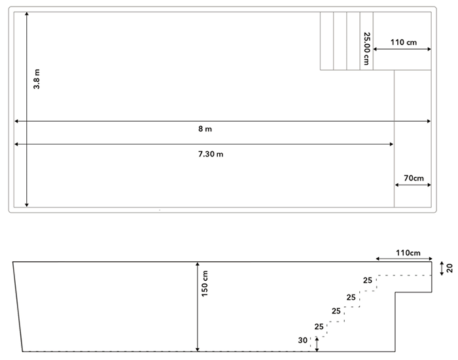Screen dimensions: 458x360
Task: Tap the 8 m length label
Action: [x=205, y=129]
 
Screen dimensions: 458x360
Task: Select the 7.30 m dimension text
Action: [x=211, y=154]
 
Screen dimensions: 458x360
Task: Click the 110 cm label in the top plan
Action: [x=403, y=42]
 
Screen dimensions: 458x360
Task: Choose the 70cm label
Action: [x=414, y=177]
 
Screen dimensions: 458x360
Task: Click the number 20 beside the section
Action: [x=450, y=267]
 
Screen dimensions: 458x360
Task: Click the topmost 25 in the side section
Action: [x=368, y=280]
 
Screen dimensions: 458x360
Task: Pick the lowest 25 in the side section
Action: [x=319, y=326]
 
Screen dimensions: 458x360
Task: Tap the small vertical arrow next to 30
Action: [x=317, y=344]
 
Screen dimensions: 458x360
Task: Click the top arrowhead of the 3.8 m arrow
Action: [x=26, y=14]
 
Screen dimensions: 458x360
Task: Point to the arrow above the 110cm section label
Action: [x=404, y=259]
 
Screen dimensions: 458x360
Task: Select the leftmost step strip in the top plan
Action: [x=326, y=41]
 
